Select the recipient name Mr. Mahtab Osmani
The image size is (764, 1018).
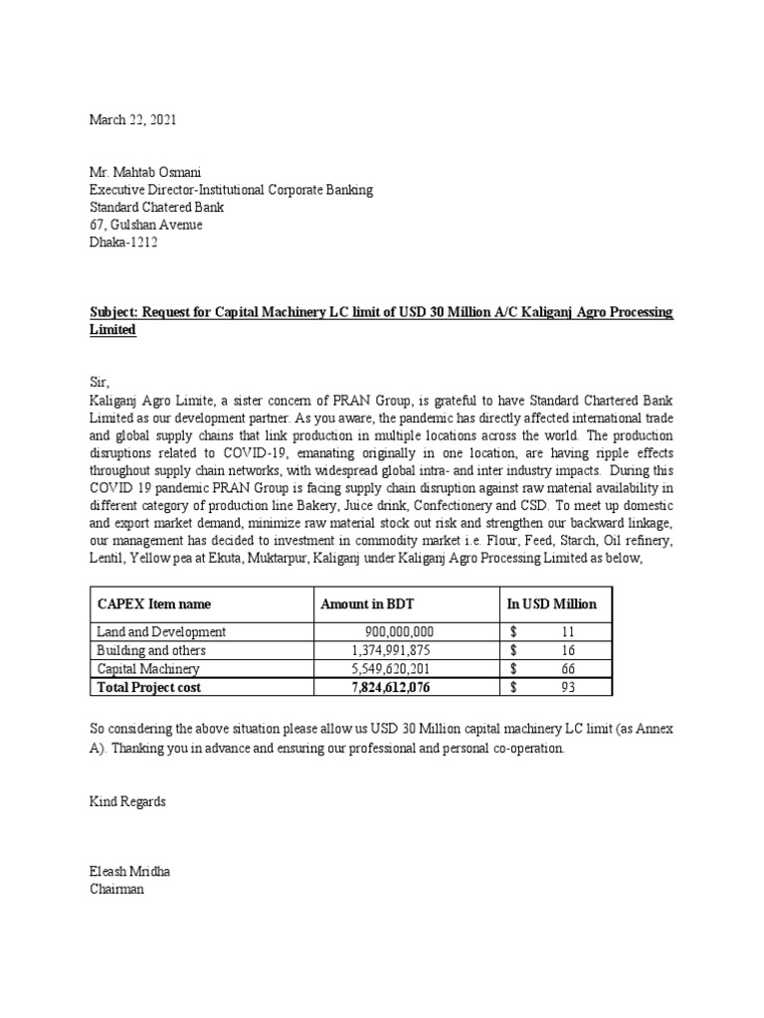pyautogui.click(x=145, y=173)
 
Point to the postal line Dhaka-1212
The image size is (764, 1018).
pyautogui.click(x=123, y=242)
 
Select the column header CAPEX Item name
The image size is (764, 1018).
pyautogui.click(x=154, y=603)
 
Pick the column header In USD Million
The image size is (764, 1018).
pyautogui.click(x=552, y=603)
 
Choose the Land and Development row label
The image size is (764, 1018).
pyautogui.click(x=161, y=632)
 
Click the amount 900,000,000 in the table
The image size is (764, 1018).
pyautogui.click(x=399, y=632)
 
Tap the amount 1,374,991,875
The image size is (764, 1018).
pyautogui.click(x=393, y=650)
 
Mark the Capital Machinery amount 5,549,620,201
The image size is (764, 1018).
pyautogui.click(x=393, y=669)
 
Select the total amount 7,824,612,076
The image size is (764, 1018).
pyautogui.click(x=393, y=687)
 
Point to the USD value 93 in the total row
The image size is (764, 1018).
pyautogui.click(x=567, y=687)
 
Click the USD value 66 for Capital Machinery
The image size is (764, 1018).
pyautogui.click(x=567, y=669)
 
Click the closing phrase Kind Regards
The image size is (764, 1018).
pyautogui.click(x=128, y=800)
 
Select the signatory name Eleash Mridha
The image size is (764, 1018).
pyautogui.click(x=130, y=872)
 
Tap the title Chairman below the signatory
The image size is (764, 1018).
pyautogui.click(x=117, y=890)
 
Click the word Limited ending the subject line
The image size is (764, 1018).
pyautogui.click(x=112, y=329)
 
